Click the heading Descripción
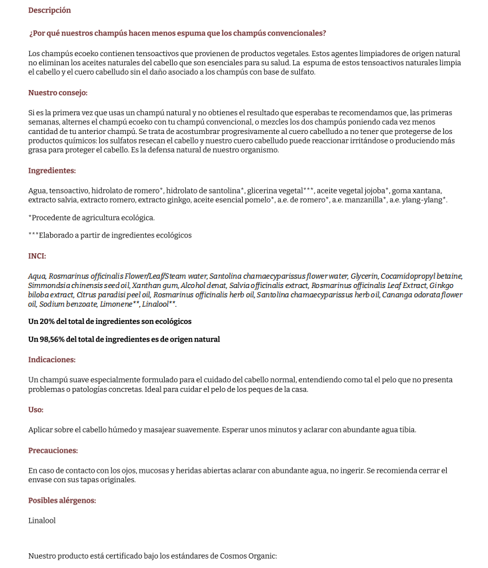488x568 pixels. point(49,10)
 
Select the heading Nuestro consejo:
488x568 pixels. point(57,93)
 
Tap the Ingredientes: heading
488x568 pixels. point(52,171)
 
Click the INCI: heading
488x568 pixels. point(37,256)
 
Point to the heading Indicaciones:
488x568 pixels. point(51,359)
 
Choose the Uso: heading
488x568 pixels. point(35,409)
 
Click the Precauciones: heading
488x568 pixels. point(53,450)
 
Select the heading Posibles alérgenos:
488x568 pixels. point(62,500)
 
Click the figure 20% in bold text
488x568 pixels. point(47,321)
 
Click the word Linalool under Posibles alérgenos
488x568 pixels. point(42,521)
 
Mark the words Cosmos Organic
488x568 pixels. point(247,556)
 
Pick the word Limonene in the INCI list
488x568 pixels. point(121,304)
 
